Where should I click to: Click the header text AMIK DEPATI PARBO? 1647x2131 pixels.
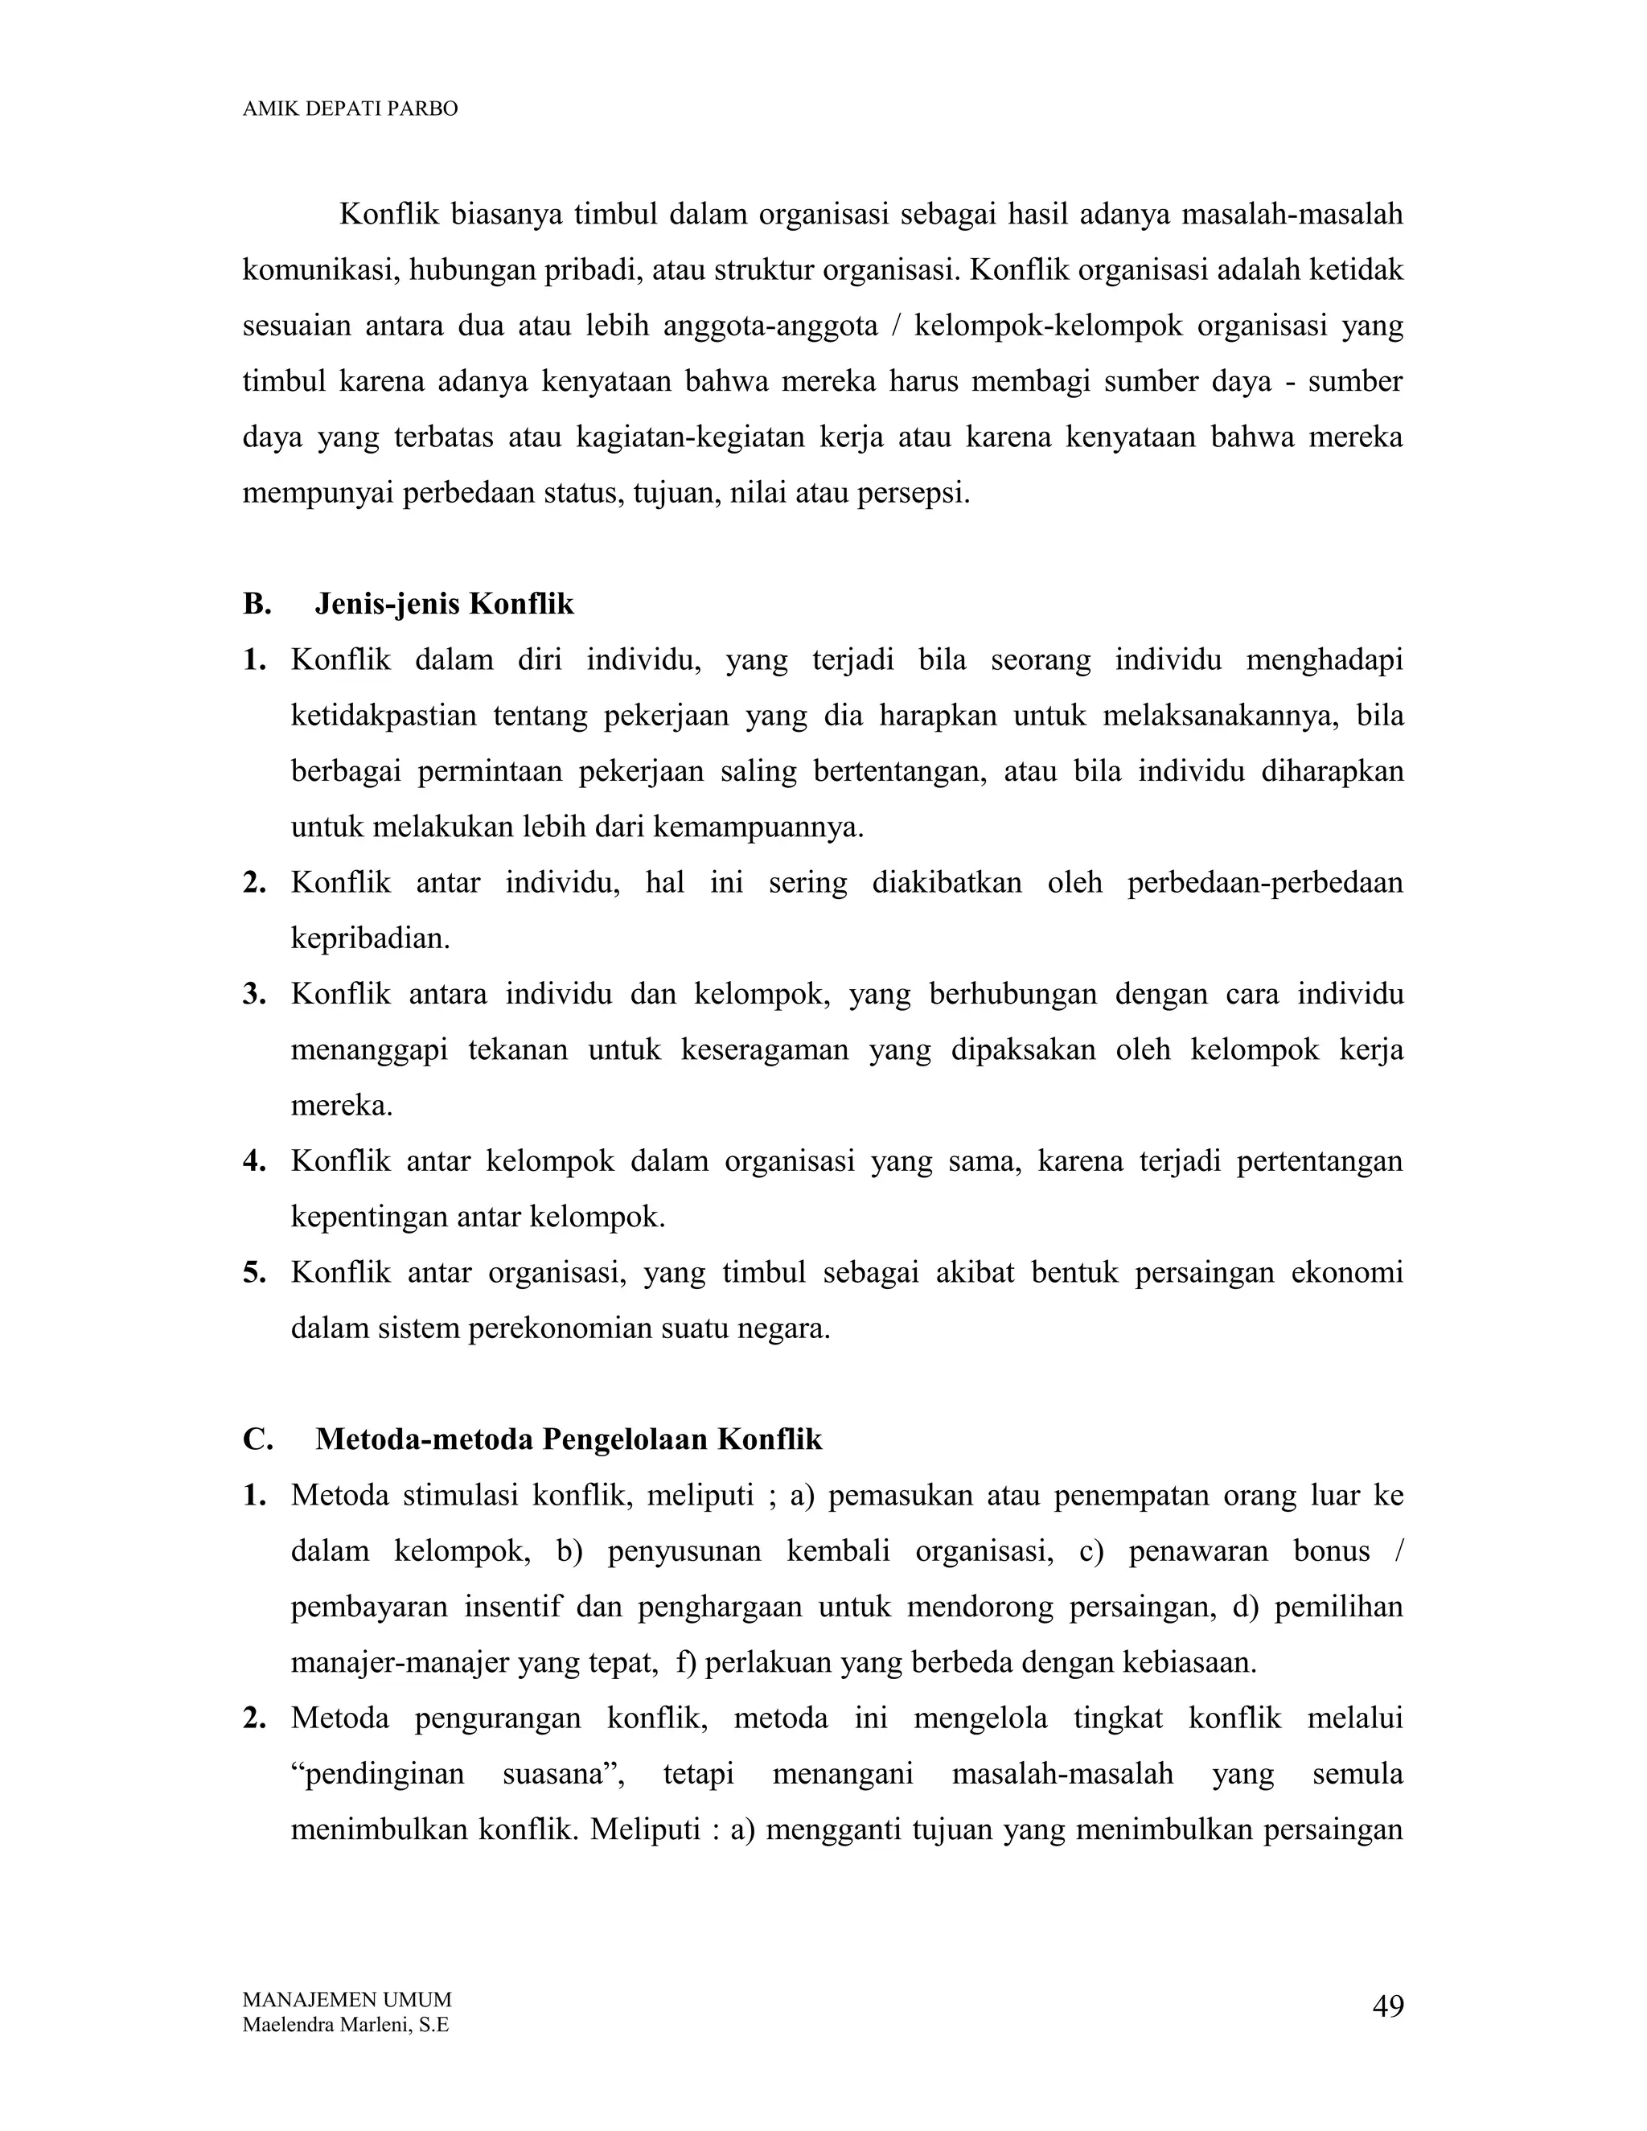(x=349, y=109)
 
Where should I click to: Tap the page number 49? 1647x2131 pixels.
(x=1387, y=2007)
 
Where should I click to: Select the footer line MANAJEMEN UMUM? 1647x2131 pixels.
(x=347, y=1998)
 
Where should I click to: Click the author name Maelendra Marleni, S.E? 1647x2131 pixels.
(x=345, y=2025)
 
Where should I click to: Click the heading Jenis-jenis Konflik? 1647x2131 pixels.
(x=444, y=604)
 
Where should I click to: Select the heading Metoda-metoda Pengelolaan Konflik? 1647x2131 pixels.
(x=569, y=1439)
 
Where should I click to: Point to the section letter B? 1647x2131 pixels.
(x=257, y=604)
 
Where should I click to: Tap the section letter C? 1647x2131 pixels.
(x=257, y=1439)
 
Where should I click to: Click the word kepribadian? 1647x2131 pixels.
(x=370, y=938)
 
